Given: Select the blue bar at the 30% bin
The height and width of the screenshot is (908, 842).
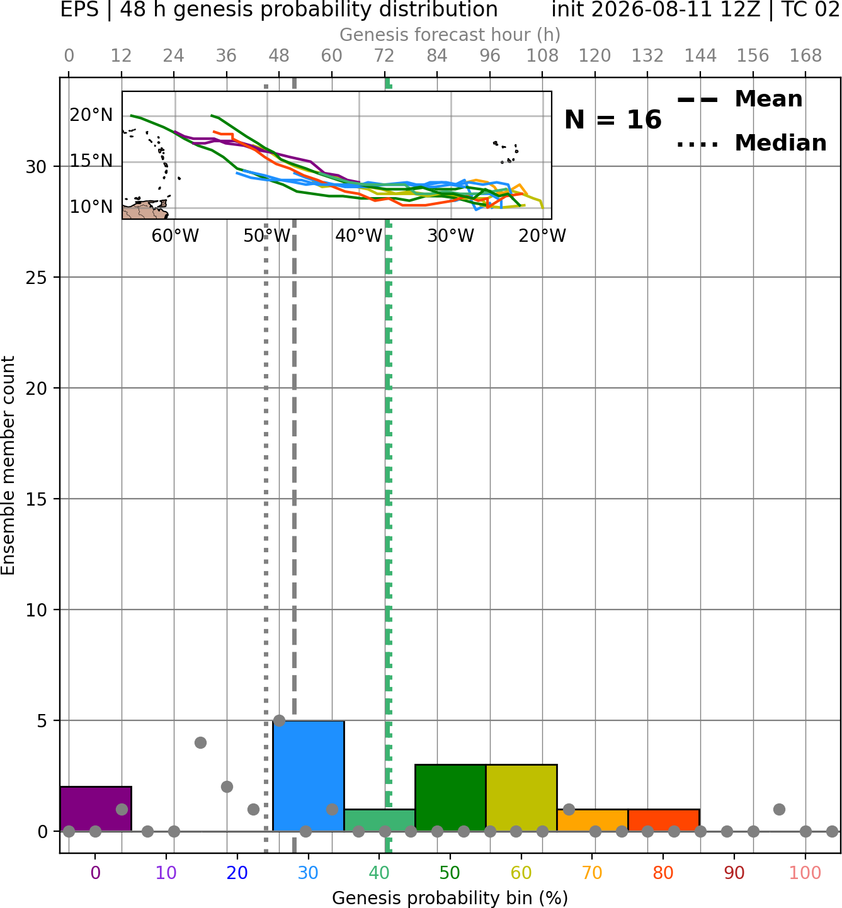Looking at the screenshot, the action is point(308,776).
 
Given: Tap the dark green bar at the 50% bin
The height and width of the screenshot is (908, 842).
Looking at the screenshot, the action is point(450,798).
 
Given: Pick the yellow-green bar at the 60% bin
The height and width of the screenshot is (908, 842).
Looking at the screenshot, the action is point(521,798).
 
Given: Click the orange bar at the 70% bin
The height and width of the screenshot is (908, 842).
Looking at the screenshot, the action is point(593,820).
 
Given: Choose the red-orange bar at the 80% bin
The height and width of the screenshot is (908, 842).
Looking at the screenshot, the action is point(664,820).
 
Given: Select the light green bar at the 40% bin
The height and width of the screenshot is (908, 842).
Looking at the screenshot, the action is point(380,820).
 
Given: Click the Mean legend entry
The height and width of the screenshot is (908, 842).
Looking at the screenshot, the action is point(739,99).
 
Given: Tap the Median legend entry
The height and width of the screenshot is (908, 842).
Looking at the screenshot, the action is point(752,144).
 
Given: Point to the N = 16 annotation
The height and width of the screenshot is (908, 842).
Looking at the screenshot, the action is point(613,120).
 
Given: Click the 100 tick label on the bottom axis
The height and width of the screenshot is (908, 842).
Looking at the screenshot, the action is point(805,873).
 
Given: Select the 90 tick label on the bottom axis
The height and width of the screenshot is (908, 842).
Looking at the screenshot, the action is point(734,873).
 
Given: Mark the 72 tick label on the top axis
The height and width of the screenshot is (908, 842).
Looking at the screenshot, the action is point(384,56).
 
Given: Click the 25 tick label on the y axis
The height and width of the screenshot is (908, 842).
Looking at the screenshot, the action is point(37,278).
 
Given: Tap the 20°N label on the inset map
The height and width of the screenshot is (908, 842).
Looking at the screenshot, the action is point(91,115).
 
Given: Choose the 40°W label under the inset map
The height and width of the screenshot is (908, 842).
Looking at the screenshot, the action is point(358,236).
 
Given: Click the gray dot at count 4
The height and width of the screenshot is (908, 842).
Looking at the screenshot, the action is point(200,742).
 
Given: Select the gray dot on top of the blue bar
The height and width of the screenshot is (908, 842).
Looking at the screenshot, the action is point(279,721).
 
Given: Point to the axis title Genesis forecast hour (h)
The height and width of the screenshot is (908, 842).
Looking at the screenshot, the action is point(450,35).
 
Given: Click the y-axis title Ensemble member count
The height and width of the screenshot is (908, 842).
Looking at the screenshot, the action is point(8,465).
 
